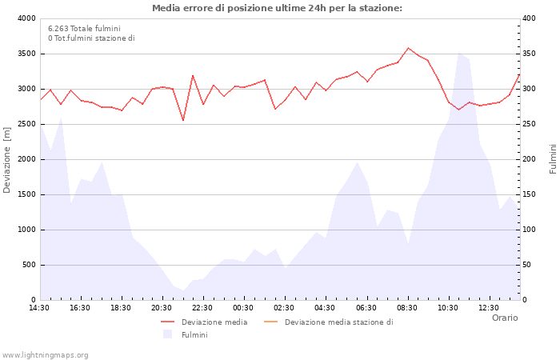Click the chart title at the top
coord(277,8)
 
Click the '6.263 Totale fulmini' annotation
coord(84,28)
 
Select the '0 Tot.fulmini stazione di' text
coord(91,38)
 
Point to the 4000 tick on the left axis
coord(26,18)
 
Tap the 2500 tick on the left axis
coord(26,124)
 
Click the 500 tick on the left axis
coord(28,265)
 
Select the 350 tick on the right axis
coord(530,54)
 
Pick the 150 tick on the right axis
coord(530,194)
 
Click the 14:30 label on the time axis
coord(40,308)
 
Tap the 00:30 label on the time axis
coord(244,308)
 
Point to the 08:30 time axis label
coord(407,308)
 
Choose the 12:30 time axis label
coord(489,308)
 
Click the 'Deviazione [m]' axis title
coord(8,159)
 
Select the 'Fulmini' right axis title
coord(553,159)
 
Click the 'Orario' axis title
coord(505,318)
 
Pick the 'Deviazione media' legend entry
coord(214,322)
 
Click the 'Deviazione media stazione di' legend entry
coord(338,322)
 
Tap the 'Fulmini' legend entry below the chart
coord(194,334)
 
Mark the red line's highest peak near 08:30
coord(408,48)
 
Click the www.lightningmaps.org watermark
coord(46,354)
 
